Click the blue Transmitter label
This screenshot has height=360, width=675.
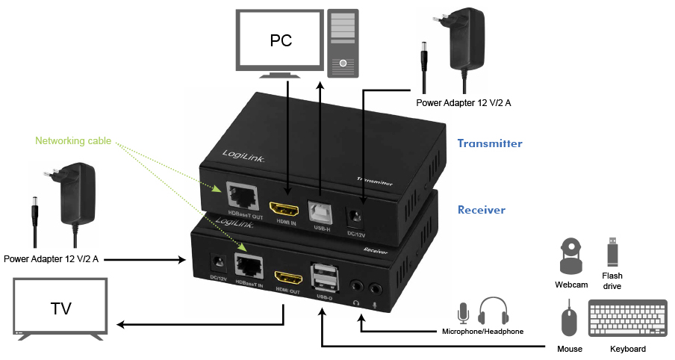[x=489, y=143]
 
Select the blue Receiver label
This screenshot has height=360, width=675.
[x=481, y=210]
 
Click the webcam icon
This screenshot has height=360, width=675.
[x=570, y=256]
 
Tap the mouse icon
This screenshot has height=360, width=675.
[x=570, y=320]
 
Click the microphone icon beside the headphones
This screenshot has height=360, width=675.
[x=464, y=312]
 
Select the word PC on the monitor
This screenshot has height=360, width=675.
[x=280, y=40]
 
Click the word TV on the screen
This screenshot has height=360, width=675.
[x=60, y=307]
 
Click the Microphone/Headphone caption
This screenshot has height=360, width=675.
[x=482, y=331]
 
